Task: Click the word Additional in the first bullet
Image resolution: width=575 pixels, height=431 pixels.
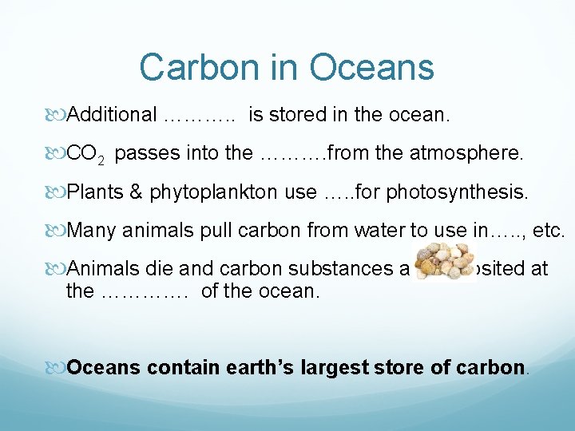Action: [113, 115]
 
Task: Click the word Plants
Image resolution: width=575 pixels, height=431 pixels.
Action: [93, 192]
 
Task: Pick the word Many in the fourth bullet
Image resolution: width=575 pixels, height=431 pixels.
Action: [89, 231]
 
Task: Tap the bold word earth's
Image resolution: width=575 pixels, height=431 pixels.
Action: [247, 368]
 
